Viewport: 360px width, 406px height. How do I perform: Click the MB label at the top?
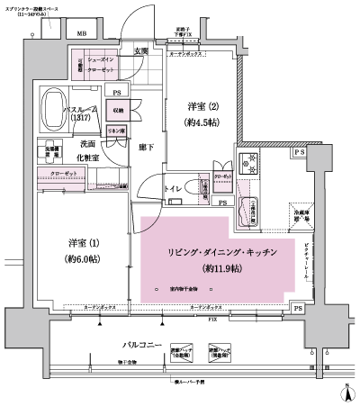(82, 33)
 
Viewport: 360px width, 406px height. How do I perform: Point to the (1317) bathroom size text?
(81, 118)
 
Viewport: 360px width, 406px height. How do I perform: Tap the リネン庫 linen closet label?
(116, 131)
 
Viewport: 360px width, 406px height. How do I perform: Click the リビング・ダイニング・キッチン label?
(219, 253)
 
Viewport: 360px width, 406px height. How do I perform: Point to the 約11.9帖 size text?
(219, 268)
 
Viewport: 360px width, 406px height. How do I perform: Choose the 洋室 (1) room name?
(83, 243)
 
